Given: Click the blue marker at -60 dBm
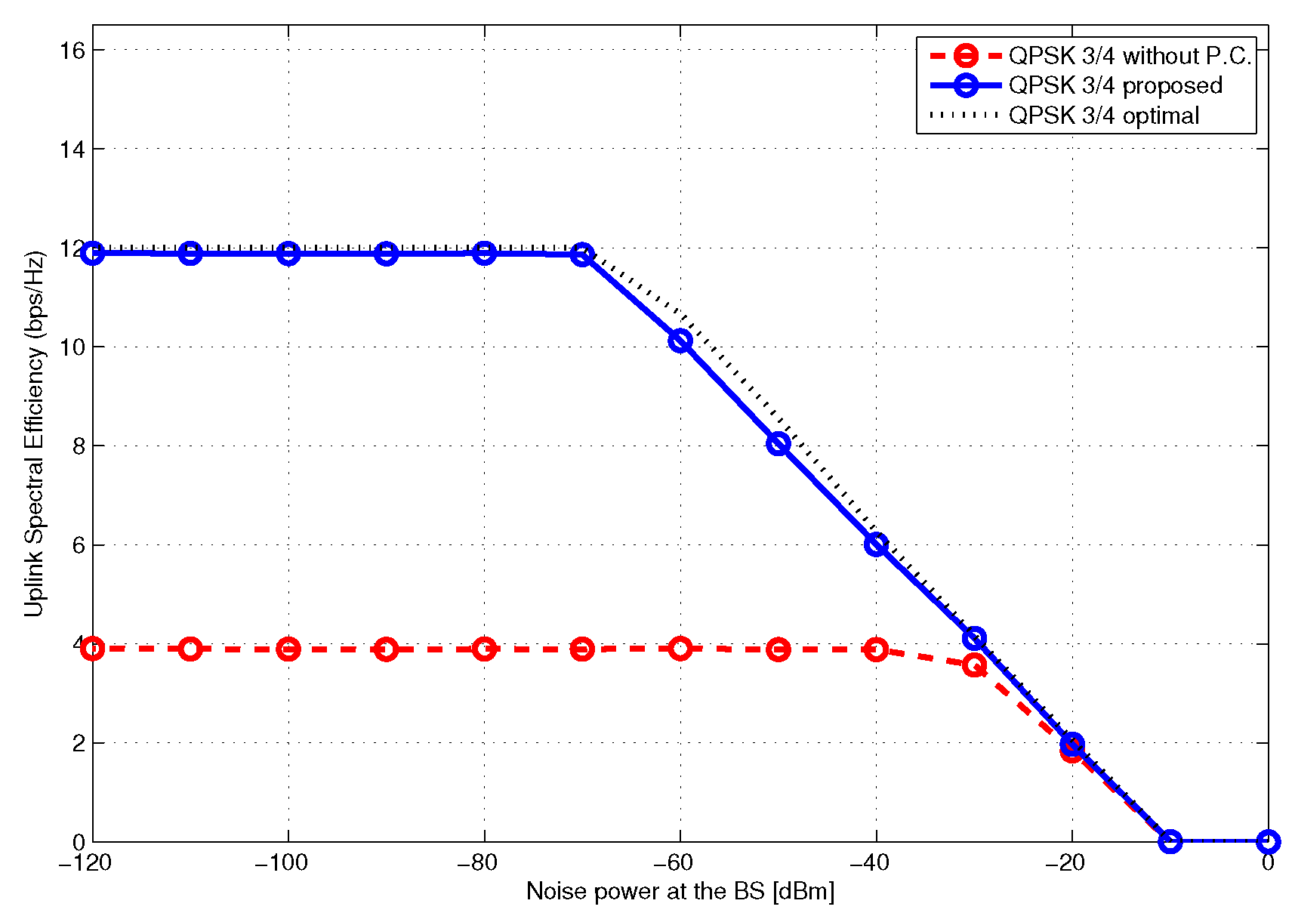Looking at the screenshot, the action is point(680,341).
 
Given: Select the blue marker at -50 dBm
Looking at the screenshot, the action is point(779,443).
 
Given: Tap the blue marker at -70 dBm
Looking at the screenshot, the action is point(582,254).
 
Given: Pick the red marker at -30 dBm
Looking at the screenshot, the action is point(975,665).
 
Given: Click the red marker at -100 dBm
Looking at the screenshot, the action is point(288,649).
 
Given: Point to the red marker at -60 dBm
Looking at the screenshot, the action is point(680,648).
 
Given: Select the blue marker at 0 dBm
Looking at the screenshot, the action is point(1269,841).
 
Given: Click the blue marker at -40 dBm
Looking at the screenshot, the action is point(876,544).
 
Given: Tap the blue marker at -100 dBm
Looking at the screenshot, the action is point(288,253).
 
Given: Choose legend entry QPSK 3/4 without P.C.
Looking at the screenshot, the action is point(1130,56).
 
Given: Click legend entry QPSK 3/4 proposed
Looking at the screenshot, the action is point(1115,85).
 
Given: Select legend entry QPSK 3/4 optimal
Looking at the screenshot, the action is point(1104,116).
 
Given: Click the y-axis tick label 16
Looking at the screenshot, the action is point(72,50).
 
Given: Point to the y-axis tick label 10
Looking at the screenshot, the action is point(72,347).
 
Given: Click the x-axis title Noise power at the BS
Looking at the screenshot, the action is point(680,892).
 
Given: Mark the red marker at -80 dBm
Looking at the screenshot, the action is point(484,649).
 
